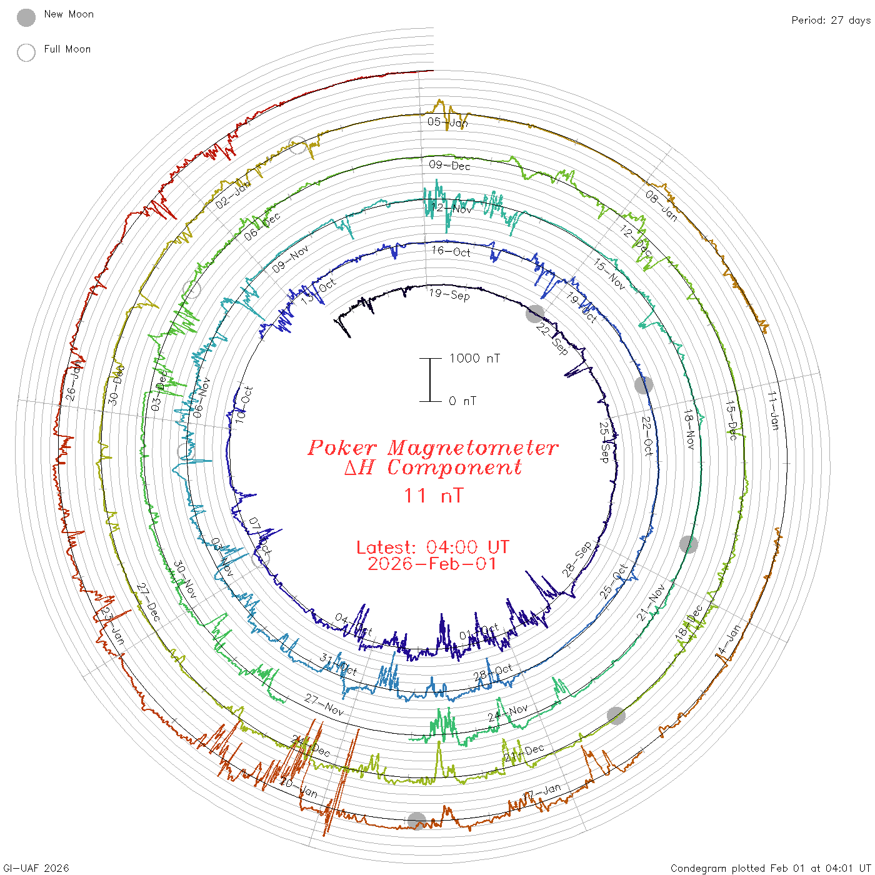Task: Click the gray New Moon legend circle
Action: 26,18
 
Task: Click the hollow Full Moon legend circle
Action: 26,52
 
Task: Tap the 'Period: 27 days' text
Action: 831,21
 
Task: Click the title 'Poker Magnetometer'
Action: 432,447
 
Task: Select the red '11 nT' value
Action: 433,496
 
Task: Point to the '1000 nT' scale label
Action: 474,358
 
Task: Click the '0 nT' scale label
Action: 462,401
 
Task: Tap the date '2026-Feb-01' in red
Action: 432,564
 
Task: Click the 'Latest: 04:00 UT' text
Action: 432,547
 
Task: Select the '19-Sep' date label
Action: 449,294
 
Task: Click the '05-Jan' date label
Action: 447,122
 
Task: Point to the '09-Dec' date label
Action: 449,165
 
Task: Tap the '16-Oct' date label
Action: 451,251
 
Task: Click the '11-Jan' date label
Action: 774,411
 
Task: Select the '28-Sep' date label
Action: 577,559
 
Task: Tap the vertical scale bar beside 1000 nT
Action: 430,379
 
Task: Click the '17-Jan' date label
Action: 542,791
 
